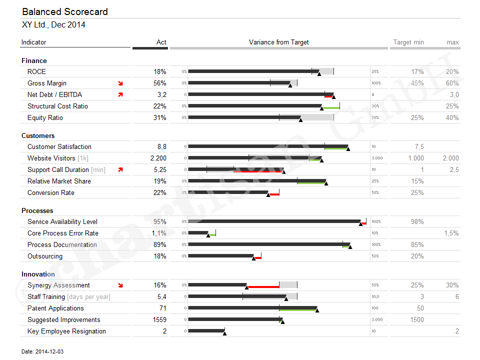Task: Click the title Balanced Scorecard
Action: point(65,12)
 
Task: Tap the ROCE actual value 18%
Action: point(160,71)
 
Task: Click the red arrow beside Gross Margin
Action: point(120,83)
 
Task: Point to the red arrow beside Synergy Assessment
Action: point(120,285)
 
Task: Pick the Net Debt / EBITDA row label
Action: point(54,94)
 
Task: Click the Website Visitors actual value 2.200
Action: point(158,158)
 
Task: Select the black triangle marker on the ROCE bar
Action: point(319,74)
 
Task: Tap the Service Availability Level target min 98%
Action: point(417,221)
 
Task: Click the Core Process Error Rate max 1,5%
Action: point(451,233)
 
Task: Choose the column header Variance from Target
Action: point(278,42)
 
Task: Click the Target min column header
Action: point(408,42)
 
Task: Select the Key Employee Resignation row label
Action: point(66,331)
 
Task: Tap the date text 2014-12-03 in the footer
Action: point(49,351)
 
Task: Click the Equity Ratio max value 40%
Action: point(452,117)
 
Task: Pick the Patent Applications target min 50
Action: point(420,308)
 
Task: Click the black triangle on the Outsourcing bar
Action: point(254,258)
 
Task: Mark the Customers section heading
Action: point(38,135)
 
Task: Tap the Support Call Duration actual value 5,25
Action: point(159,169)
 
